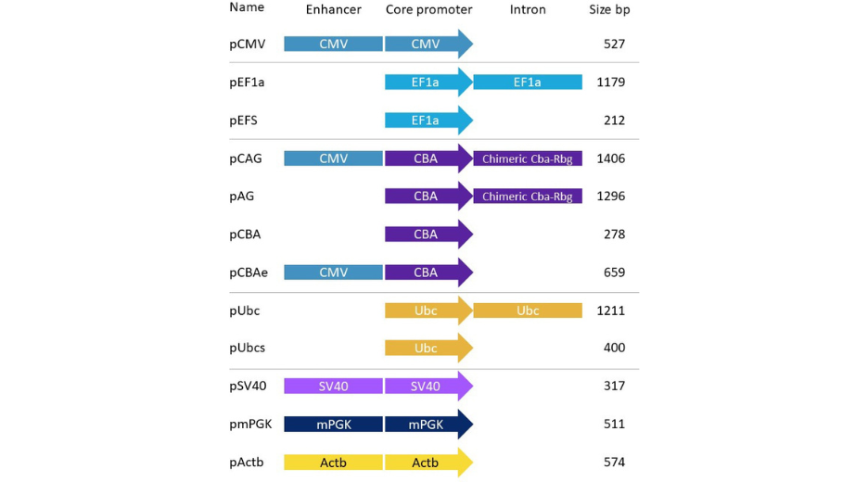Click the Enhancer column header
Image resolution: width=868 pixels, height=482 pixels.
pos(334,9)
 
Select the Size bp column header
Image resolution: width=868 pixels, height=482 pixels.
pos(609,9)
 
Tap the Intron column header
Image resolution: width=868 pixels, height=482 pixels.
pos(528,9)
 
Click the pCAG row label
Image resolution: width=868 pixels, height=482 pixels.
pos(246,159)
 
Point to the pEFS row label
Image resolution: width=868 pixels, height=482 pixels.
pos(246,120)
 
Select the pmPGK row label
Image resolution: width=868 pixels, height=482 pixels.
pos(250,425)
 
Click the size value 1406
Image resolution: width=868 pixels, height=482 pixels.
pos(611,159)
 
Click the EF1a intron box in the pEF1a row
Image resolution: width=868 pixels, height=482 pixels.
pos(528,82)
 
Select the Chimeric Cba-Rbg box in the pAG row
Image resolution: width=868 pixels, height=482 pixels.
pos(528,197)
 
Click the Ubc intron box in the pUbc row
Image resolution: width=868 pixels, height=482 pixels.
pos(528,311)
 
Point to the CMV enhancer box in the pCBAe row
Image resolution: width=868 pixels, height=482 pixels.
pos(333,273)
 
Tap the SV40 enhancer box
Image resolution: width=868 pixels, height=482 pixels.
pos(333,387)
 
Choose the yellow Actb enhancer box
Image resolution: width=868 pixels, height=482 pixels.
pos(333,463)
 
